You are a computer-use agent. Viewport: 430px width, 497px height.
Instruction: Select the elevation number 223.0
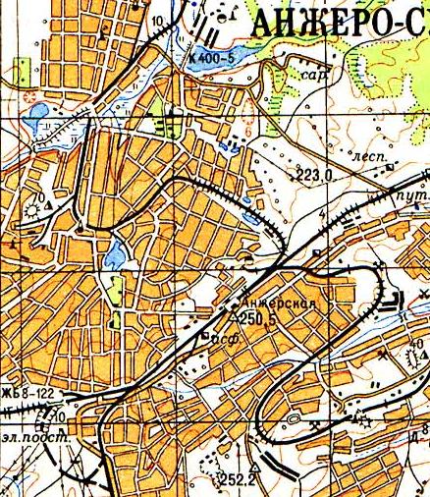tap(314, 175)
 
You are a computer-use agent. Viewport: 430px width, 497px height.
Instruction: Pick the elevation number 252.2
tap(238, 480)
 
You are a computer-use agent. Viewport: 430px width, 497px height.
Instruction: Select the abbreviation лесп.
tap(365, 155)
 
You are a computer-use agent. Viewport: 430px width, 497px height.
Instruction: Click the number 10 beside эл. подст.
tap(62, 417)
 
